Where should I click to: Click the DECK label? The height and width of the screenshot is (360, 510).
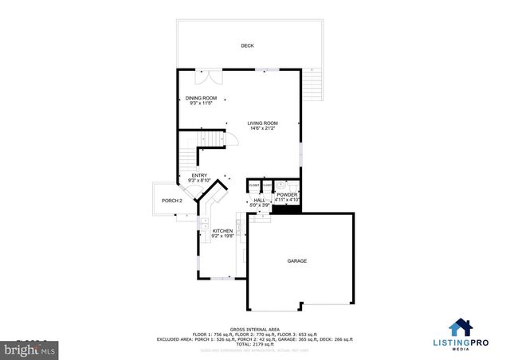(x=247, y=45)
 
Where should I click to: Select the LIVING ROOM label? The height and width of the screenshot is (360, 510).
(x=261, y=123)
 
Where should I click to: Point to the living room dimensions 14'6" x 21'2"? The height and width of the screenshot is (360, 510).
(x=261, y=128)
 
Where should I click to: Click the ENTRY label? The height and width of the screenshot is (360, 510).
(x=198, y=175)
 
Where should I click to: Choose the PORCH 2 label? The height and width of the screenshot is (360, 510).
(x=172, y=201)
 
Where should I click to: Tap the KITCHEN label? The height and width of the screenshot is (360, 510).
(x=222, y=230)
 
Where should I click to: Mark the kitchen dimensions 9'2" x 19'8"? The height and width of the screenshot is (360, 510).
(x=222, y=236)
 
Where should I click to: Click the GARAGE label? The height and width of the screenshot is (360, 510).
(x=297, y=260)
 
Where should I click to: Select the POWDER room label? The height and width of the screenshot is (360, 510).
(x=287, y=194)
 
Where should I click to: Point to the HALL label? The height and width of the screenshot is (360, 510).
(x=259, y=200)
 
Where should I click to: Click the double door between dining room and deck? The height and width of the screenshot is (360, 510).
(x=212, y=76)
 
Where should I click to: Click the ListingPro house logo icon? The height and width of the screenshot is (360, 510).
(x=459, y=327)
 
